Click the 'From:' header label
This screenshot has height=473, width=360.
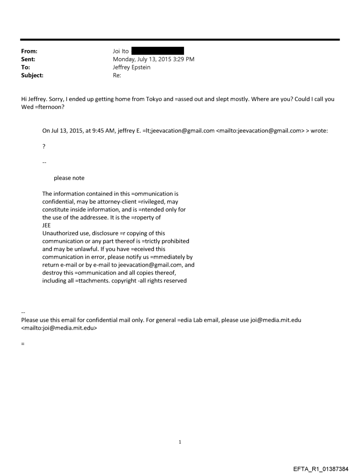click(x=29, y=51)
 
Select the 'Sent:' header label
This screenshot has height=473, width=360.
click(x=28, y=59)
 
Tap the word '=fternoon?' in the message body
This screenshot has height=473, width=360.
click(x=50, y=107)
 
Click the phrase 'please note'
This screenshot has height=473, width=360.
click(x=69, y=178)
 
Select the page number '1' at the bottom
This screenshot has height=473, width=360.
click(x=180, y=442)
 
